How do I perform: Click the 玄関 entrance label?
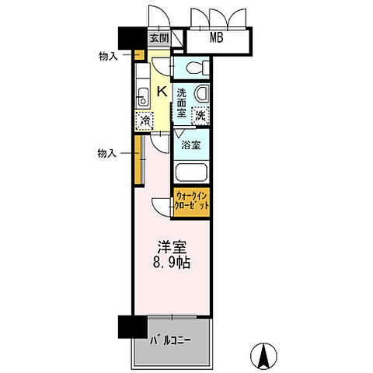point(158,38)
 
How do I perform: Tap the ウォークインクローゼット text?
point(191,201)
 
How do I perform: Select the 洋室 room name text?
point(172,248)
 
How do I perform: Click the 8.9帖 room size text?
point(172,264)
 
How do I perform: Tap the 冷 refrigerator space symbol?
point(144,120)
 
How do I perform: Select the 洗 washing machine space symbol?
point(200,116)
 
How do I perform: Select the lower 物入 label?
point(107,153)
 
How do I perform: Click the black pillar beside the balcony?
point(125,326)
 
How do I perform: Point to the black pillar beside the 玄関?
point(126,39)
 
